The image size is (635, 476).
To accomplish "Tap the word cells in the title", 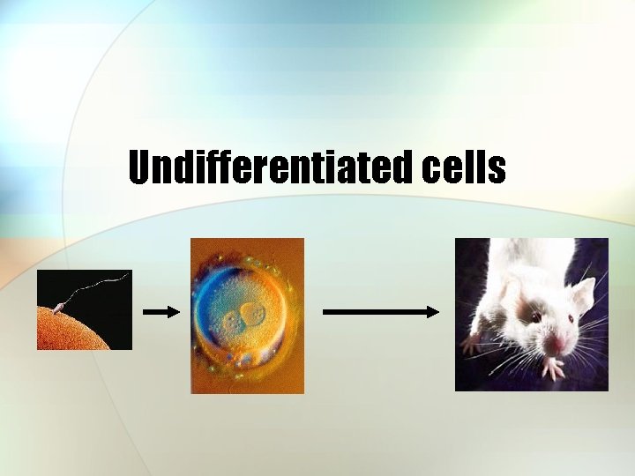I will tap(463, 167).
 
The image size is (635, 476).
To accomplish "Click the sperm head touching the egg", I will tap(59, 308).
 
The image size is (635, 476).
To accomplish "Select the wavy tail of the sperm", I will tap(97, 286).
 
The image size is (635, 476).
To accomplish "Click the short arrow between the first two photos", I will tap(161, 311).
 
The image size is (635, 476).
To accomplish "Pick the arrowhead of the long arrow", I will tap(432, 311).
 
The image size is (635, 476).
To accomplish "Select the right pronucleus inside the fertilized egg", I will tap(253, 312).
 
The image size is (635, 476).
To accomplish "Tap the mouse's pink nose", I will tap(558, 341).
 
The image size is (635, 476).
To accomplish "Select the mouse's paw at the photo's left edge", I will tap(468, 340).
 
